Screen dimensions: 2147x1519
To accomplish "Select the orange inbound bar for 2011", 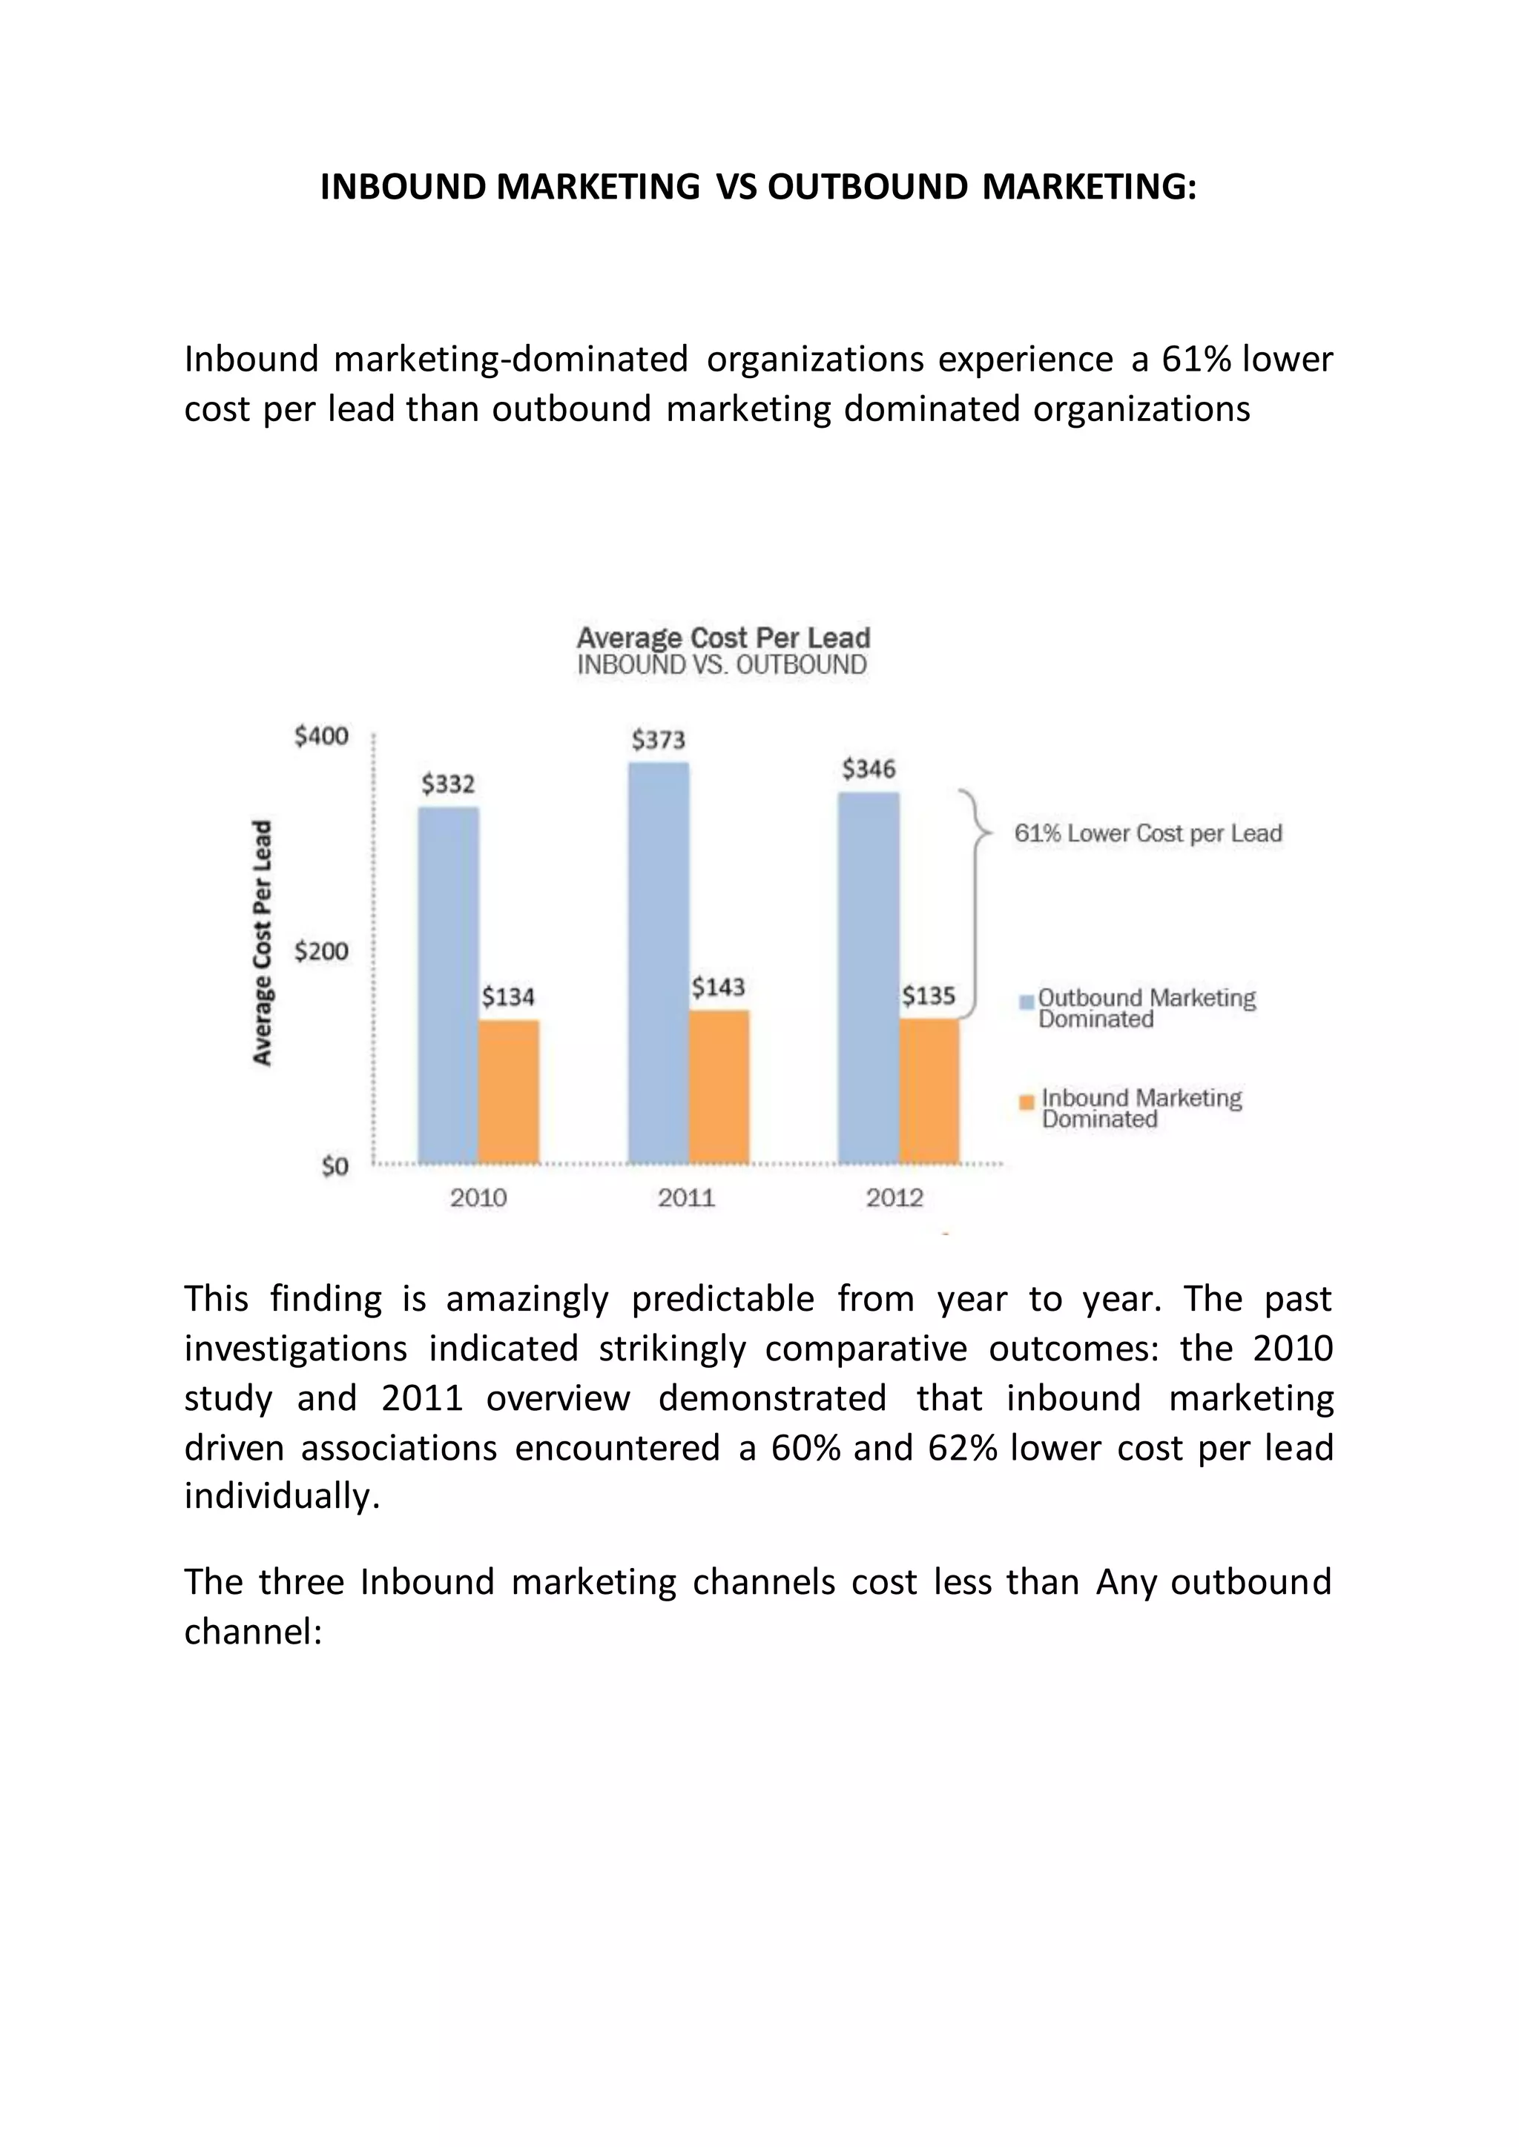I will tap(719, 1087).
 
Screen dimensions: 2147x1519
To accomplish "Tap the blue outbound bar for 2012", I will tap(868, 977).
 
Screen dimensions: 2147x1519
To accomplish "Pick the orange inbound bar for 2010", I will tap(509, 1091).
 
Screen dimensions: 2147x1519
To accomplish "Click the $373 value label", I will tap(658, 741).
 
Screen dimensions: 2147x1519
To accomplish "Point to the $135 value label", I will tap(928, 996).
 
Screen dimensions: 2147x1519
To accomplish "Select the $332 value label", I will tap(448, 784).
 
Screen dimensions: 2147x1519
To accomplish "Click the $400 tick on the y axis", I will tap(321, 737).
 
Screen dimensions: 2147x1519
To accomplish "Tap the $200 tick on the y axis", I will tap(321, 952).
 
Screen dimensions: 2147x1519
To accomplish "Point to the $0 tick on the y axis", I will tap(334, 1166).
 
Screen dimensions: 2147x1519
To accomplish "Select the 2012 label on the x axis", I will tap(894, 1198).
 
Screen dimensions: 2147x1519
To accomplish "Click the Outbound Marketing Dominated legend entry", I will tap(1145, 1008).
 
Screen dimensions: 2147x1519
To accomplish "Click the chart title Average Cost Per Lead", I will tap(723, 638).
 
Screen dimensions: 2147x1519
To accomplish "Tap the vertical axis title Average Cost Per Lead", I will tap(263, 942).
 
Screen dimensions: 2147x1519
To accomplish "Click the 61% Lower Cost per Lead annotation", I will tap(1147, 833).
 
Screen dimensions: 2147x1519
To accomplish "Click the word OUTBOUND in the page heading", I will tap(867, 187).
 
